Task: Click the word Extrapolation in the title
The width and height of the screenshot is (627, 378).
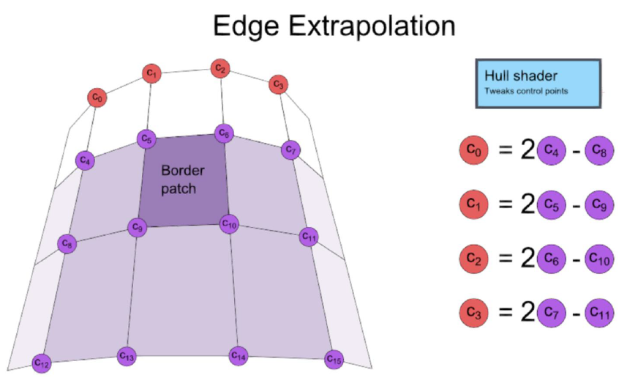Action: [x=372, y=26]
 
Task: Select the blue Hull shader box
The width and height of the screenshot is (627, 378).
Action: [x=538, y=84]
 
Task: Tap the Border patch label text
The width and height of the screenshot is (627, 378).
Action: [x=183, y=179]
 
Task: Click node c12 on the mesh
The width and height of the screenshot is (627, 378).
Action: [x=42, y=363]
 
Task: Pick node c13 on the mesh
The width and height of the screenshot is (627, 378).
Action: [x=127, y=355]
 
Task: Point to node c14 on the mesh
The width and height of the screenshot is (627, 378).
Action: [x=239, y=355]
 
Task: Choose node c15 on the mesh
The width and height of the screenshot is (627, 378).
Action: [x=334, y=359]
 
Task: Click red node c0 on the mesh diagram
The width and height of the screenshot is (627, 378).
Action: [x=97, y=97]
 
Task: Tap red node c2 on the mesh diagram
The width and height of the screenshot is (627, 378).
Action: [x=220, y=69]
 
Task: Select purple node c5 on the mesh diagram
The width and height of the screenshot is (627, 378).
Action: [x=146, y=139]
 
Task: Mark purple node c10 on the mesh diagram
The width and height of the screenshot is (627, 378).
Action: [x=229, y=224]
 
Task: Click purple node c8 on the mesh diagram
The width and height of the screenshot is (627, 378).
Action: [x=67, y=243]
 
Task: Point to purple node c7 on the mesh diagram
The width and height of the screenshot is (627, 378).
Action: [x=290, y=150]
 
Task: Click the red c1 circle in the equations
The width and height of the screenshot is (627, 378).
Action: [x=474, y=204]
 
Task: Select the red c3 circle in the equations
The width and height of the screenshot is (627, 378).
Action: [x=474, y=312]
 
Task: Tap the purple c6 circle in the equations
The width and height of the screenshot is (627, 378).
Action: [x=552, y=259]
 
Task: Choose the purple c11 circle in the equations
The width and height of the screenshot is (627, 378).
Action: [x=599, y=312]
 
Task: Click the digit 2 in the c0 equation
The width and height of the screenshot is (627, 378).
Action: [x=527, y=150]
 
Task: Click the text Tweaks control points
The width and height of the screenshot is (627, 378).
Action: [x=526, y=91]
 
